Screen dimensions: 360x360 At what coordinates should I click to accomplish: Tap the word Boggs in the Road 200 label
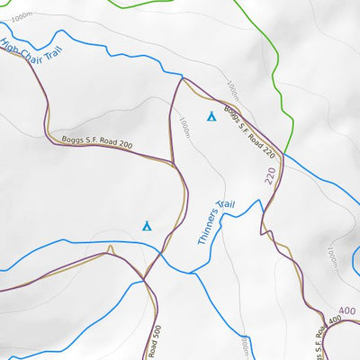coord(72,139)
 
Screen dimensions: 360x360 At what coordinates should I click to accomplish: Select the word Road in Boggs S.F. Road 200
coord(103,142)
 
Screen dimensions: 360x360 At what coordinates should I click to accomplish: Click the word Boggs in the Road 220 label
coord(232,114)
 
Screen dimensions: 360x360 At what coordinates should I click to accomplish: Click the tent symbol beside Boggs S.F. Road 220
coord(211,116)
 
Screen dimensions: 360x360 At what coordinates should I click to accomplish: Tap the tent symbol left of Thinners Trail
coord(146,226)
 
